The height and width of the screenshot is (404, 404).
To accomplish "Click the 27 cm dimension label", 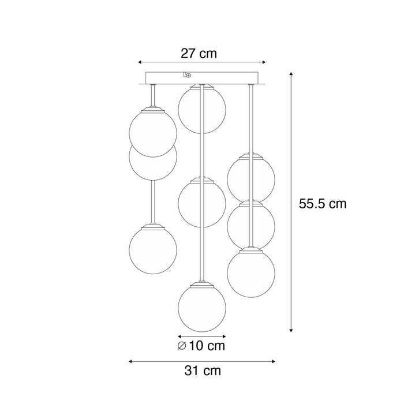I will coord(199,54).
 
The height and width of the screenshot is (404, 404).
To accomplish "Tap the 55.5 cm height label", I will coord(323,203).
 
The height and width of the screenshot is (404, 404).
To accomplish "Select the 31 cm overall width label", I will coord(202,371).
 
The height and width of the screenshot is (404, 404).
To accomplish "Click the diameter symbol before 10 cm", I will coord(182,346).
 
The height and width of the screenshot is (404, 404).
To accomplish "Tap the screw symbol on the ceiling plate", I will coord(187,74).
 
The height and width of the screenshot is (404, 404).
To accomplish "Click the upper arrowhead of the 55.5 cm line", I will coord(291,74).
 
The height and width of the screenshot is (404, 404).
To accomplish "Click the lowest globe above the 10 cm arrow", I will coord(201,308).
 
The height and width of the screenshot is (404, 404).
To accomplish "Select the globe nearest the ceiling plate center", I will coord(201,109).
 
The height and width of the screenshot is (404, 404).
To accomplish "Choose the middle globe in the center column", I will coord(201,203).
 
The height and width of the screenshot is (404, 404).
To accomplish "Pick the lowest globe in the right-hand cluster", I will coord(250,272).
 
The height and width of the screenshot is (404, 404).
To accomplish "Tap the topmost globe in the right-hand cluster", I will coord(250,178).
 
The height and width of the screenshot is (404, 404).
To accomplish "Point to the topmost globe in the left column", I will coord(152,132).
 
